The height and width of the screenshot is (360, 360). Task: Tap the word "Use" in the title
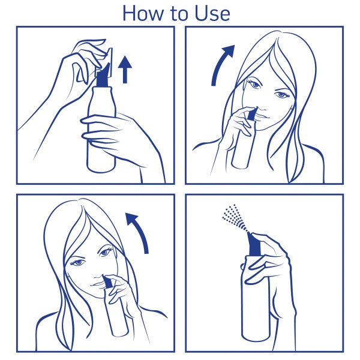[212, 13]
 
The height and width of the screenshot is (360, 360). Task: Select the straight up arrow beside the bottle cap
[125, 69]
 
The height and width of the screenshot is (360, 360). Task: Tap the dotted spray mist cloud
[234, 217]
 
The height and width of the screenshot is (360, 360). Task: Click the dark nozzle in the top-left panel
[103, 76]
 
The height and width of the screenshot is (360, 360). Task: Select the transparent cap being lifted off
[104, 62]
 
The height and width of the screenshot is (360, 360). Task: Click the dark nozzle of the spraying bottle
[254, 245]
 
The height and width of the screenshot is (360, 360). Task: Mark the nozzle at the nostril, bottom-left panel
[107, 281]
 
